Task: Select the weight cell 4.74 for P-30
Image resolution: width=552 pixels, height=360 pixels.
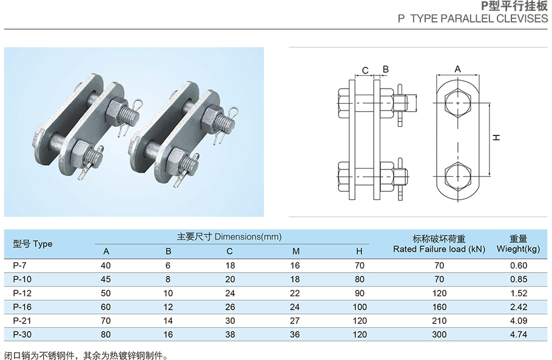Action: (x=519, y=335)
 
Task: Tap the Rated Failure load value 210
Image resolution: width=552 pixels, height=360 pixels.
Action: (x=439, y=321)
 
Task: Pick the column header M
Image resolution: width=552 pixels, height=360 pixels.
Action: (x=296, y=251)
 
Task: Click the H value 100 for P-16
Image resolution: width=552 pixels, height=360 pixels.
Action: (x=360, y=307)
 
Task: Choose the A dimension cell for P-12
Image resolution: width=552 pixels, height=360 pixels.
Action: (x=107, y=293)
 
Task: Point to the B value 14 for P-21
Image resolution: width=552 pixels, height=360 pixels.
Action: (x=168, y=321)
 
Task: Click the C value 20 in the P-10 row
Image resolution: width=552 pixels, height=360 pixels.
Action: (x=230, y=279)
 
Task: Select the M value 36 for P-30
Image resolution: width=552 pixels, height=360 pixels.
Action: (x=296, y=335)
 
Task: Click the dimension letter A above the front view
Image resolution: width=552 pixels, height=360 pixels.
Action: (x=458, y=69)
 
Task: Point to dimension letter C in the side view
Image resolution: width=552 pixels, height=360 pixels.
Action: (x=365, y=70)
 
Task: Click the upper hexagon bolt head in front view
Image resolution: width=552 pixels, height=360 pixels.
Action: (x=458, y=104)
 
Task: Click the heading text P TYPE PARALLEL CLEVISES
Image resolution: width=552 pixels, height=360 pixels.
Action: (x=473, y=19)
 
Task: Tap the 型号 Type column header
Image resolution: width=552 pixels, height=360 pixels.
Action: (x=33, y=244)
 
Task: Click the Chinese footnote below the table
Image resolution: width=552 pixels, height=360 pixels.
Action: (x=85, y=355)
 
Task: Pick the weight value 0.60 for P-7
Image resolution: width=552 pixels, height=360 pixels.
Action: (x=519, y=265)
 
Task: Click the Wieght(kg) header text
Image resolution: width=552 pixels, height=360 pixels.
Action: (x=518, y=249)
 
